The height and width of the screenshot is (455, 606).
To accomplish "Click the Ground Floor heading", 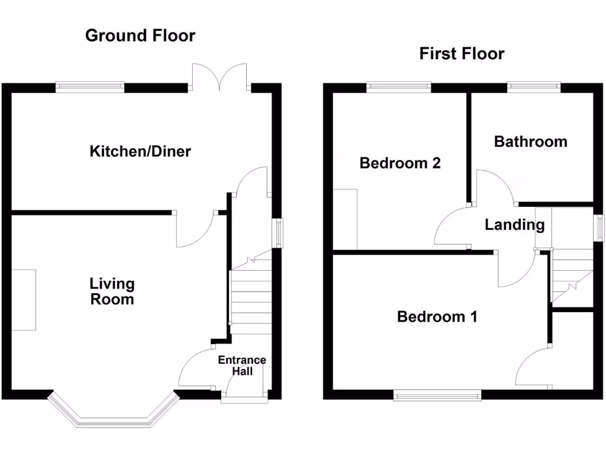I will (140, 36).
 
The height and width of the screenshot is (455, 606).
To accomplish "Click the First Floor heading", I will (462, 54).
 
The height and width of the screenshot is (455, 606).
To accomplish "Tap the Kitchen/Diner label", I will (140, 152).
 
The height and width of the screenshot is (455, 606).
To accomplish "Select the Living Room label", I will (112, 291).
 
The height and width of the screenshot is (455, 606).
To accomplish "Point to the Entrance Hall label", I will (242, 366).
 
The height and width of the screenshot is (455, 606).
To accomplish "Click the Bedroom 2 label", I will (400, 163).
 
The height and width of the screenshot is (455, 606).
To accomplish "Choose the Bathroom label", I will (530, 142).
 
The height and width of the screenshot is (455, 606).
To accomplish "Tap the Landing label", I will (514, 225).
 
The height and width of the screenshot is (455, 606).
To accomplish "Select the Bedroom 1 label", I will (437, 317).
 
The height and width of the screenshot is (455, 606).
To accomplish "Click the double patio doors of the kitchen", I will (220, 78).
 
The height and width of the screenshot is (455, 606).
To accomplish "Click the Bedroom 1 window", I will (437, 395).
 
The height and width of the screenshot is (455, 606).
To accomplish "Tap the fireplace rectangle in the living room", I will (23, 300).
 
